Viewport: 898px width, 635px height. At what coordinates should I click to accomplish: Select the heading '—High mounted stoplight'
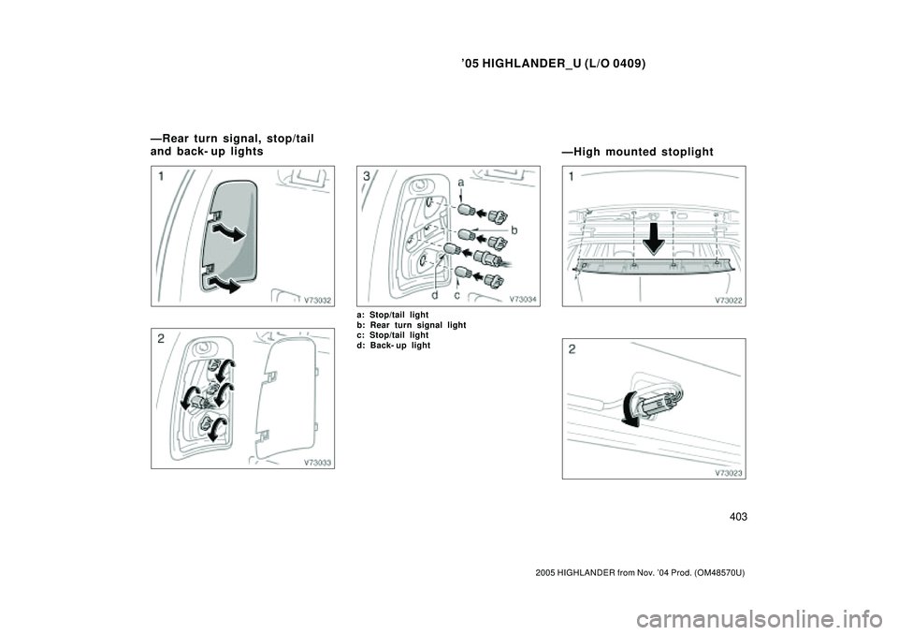point(637,151)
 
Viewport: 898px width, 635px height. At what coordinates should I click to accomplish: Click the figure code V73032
point(318,301)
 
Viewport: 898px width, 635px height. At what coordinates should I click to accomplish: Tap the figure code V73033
point(318,463)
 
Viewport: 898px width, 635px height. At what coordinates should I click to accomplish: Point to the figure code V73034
point(523,301)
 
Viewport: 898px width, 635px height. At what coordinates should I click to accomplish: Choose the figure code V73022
point(729,301)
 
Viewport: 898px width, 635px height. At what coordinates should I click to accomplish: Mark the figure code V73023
point(729,473)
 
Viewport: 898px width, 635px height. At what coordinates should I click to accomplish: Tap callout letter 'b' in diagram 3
point(514,228)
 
